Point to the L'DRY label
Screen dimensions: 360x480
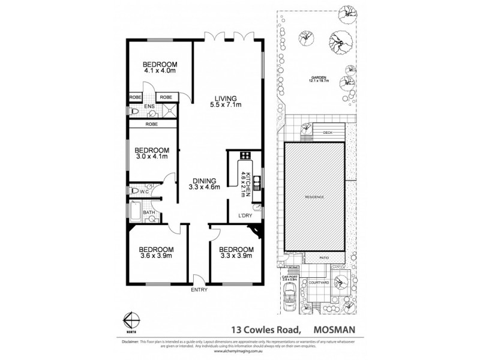[244, 216]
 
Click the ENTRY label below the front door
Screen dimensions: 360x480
[199, 290]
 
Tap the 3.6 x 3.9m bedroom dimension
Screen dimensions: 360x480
[157, 256]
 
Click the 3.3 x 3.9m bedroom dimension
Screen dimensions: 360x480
[236, 256]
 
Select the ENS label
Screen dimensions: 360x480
[149, 107]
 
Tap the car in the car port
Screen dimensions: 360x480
[291, 296]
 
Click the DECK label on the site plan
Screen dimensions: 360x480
[328, 133]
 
